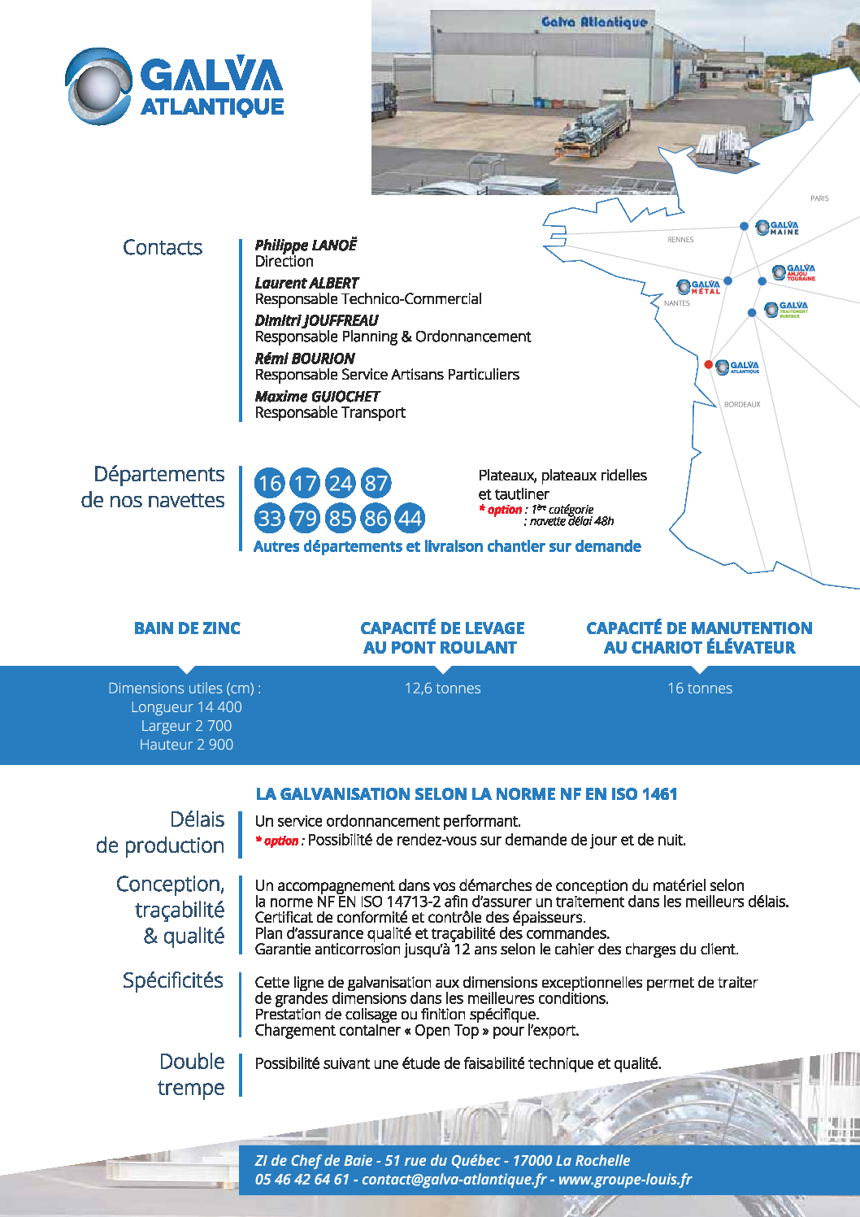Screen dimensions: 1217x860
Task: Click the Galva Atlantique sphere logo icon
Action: click(x=98, y=86)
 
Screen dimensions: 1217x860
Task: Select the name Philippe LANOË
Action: click(x=306, y=245)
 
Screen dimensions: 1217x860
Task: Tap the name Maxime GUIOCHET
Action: click(x=317, y=396)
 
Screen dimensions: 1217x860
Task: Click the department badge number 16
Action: click(x=270, y=484)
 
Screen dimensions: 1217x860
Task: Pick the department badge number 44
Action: click(x=410, y=518)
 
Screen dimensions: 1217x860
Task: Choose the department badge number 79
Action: click(x=305, y=518)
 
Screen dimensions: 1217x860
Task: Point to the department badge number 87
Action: click(x=376, y=484)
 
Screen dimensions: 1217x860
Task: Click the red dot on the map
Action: click(x=709, y=364)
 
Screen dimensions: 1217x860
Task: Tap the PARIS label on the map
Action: click(x=819, y=198)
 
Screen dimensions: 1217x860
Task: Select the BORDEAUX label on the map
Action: click(x=742, y=404)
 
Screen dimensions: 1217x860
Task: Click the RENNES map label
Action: click(x=680, y=240)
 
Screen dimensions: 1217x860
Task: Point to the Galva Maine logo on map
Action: click(x=778, y=228)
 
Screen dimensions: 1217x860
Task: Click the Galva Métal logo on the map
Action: click(x=699, y=287)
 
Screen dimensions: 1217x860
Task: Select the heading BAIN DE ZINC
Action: click(x=187, y=628)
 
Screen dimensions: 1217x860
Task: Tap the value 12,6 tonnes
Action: click(x=442, y=689)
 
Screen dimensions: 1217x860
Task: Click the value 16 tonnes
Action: click(x=700, y=689)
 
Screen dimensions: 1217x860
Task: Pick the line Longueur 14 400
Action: click(x=186, y=707)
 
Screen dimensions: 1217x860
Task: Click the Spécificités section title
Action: click(x=172, y=980)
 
